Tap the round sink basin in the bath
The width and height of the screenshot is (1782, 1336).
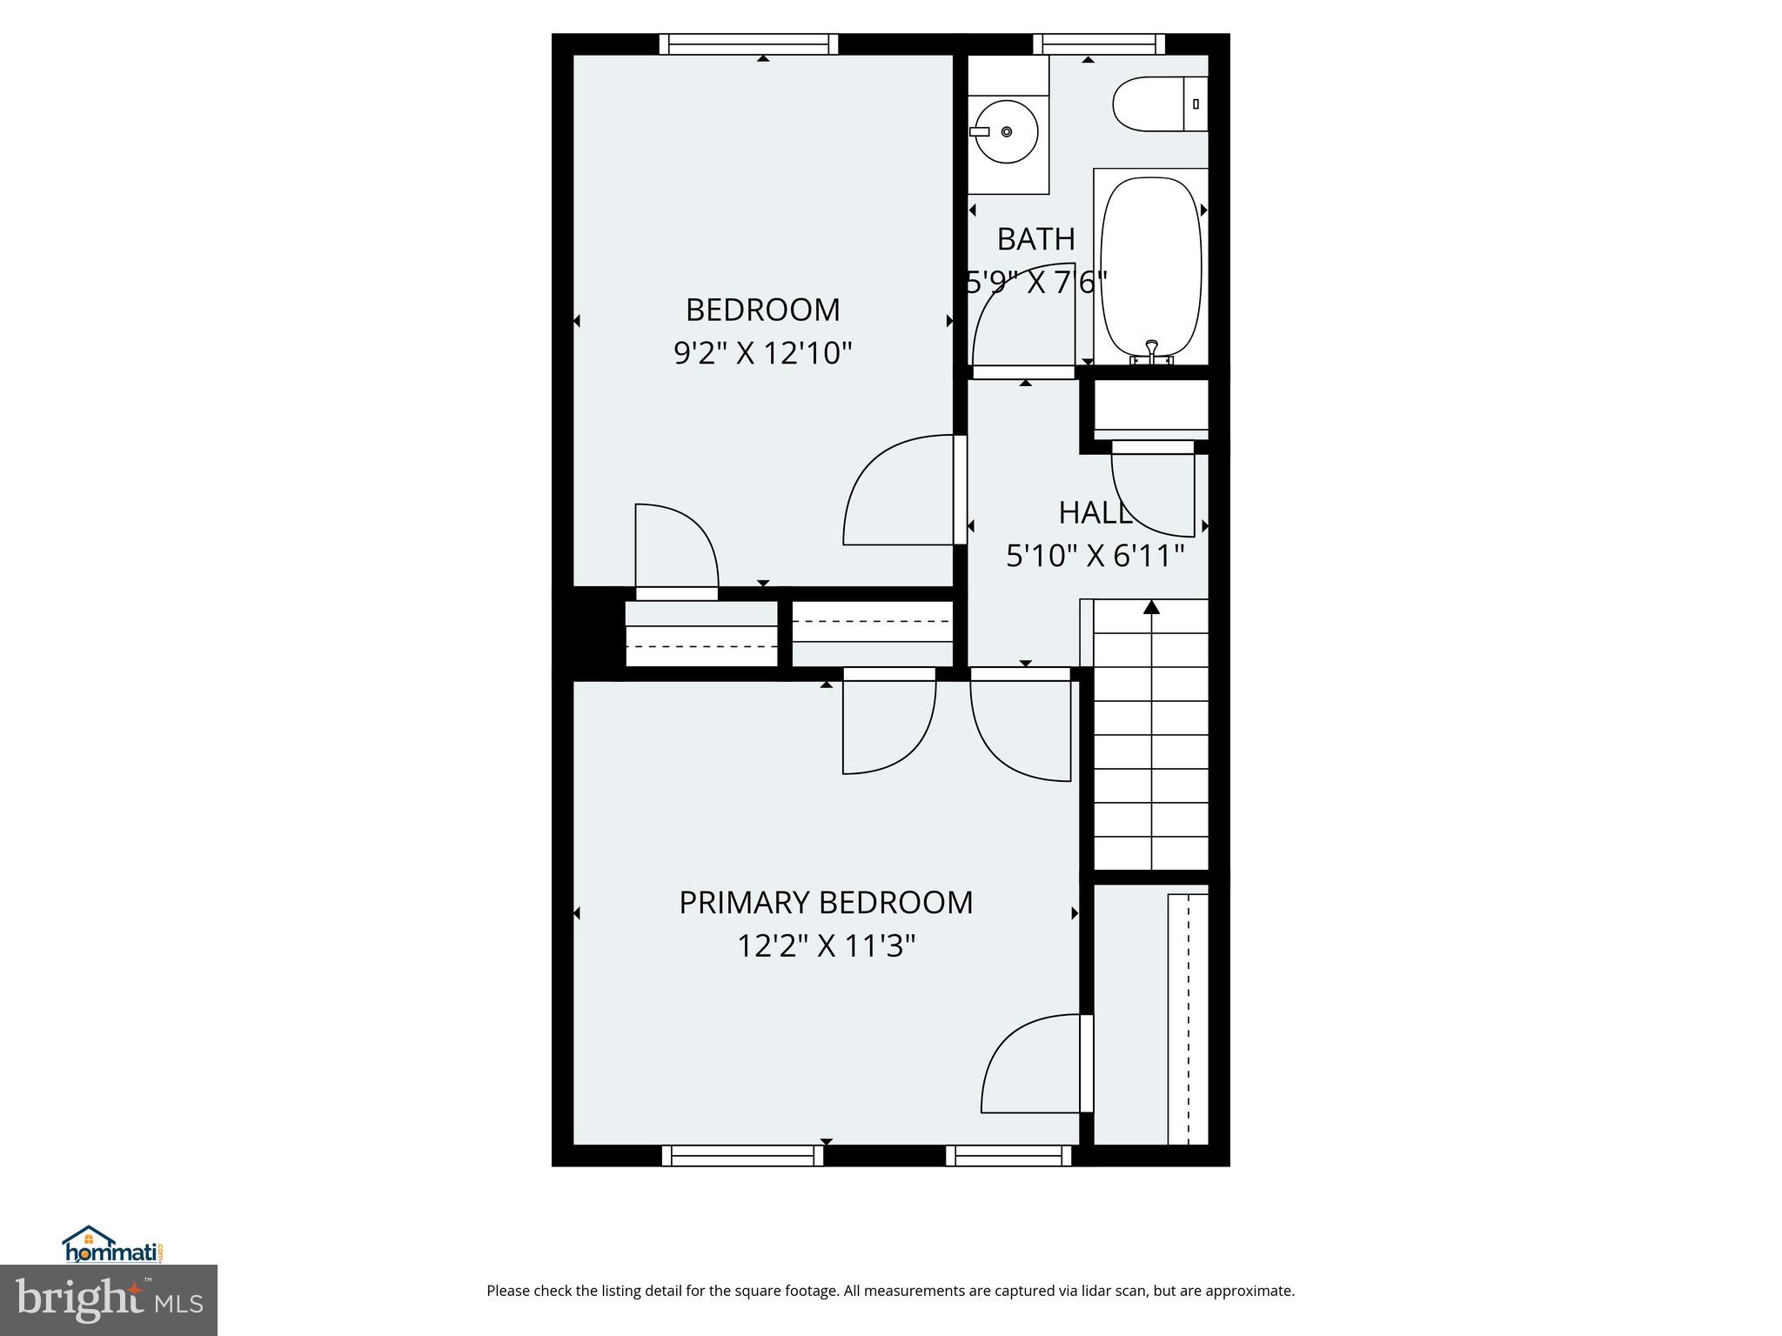(1007, 131)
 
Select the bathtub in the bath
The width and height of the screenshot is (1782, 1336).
(1151, 266)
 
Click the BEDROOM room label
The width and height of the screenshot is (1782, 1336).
(762, 310)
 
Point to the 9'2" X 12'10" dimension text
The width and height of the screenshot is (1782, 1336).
(762, 353)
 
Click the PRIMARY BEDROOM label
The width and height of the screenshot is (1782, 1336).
(825, 903)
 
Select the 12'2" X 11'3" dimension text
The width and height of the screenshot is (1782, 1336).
(825, 945)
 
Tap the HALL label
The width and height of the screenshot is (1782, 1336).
(1095, 513)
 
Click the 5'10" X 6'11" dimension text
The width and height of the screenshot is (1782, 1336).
(1095, 555)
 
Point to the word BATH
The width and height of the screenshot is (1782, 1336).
(1035, 239)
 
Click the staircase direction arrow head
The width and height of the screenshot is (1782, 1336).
(1151, 606)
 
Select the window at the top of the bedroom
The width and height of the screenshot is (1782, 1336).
(748, 43)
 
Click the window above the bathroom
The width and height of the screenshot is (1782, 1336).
(1099, 43)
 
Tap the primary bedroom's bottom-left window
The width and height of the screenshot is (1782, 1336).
(742, 1155)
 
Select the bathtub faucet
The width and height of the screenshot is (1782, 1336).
(1151, 351)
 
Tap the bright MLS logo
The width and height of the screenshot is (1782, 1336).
(109, 1299)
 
